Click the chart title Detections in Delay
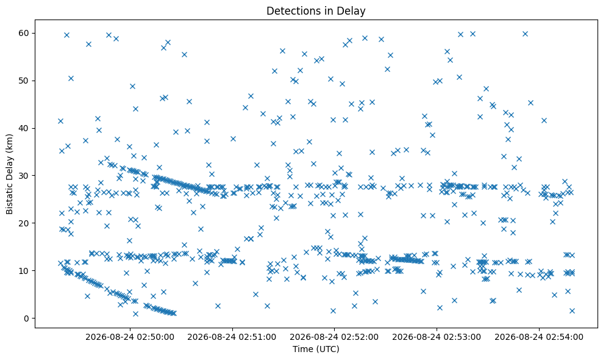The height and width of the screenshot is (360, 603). point(316,11)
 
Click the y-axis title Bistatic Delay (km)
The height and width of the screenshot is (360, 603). point(9,174)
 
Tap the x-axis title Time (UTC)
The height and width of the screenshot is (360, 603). point(316,349)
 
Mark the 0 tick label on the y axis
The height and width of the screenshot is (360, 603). point(27,319)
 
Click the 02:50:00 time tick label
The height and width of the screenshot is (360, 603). point(130,337)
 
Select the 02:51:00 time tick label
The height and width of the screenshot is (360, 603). point(232,337)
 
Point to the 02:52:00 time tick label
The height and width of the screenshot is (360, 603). point(334,337)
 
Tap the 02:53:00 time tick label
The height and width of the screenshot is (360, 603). point(437,337)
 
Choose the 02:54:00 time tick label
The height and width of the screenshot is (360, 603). point(539,337)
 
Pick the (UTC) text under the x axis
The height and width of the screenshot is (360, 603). point(327,349)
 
